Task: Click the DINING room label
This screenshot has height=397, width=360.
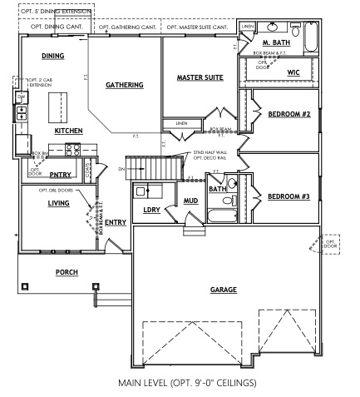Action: (53, 56)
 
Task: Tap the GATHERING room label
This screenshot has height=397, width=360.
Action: (124, 85)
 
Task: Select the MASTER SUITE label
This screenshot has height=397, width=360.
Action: (200, 77)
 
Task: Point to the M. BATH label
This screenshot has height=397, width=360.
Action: (275, 41)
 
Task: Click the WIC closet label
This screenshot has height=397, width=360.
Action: (293, 72)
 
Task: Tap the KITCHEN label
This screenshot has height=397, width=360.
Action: (68, 132)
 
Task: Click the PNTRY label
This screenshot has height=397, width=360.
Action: (60, 175)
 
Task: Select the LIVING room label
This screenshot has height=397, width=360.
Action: (58, 202)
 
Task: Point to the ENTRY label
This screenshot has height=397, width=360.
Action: (116, 222)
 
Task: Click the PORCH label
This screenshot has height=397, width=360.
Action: (67, 272)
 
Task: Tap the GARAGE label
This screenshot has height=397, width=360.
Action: (223, 289)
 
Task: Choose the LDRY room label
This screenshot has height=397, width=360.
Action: (151, 210)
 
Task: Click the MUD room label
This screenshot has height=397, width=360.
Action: (190, 201)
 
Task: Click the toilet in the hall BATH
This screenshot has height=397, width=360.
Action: (231, 201)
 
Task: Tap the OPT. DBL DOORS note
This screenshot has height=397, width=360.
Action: (55, 190)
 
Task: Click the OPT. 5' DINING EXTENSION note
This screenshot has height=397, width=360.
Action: (52, 11)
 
